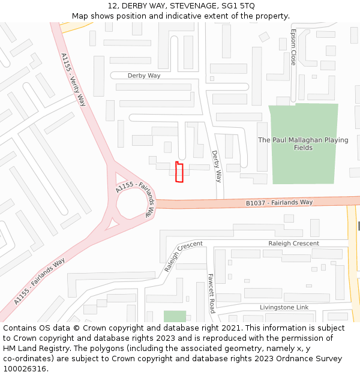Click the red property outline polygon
tap(179, 172)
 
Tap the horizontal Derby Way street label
tap(144, 76)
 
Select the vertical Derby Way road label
tap(217, 166)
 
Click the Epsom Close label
tap(293, 47)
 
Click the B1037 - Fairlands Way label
tap(279, 203)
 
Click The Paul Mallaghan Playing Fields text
tap(302, 143)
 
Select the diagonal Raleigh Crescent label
tap(183, 256)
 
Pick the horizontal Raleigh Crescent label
tap(293, 244)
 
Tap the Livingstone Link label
tap(284, 307)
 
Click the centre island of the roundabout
tap(130, 205)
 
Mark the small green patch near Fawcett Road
tap(175, 316)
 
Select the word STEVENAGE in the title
tap(190, 6)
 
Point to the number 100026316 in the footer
tap(25, 369)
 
